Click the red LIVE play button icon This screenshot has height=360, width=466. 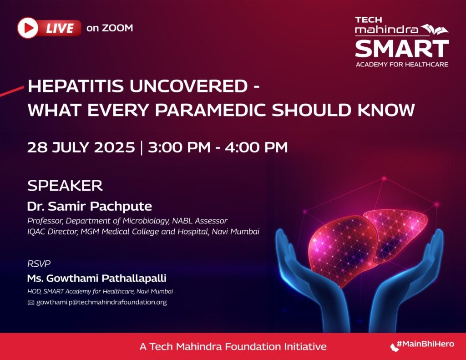pyautogui.click(x=28, y=28)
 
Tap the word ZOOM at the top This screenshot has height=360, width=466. pyautogui.click(x=117, y=28)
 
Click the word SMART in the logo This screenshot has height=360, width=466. pyautogui.click(x=402, y=48)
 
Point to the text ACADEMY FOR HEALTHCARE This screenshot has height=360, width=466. pyautogui.click(x=402, y=64)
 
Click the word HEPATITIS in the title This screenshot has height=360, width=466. pyautogui.click(x=76, y=86)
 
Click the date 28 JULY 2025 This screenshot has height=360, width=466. pyautogui.click(x=81, y=147)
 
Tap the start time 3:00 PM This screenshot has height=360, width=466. pyautogui.click(x=179, y=147)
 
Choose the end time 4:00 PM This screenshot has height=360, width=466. pyautogui.click(x=256, y=147)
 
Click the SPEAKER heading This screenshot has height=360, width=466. pyautogui.click(x=65, y=186)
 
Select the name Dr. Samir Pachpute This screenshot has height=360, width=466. pyautogui.click(x=90, y=206)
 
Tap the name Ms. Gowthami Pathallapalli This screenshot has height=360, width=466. pyautogui.click(x=96, y=278)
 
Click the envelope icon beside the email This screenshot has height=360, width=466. pyautogui.click(x=31, y=303)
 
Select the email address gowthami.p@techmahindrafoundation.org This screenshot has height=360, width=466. pyautogui.click(x=101, y=302)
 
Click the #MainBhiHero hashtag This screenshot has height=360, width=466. pyautogui.click(x=425, y=344)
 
